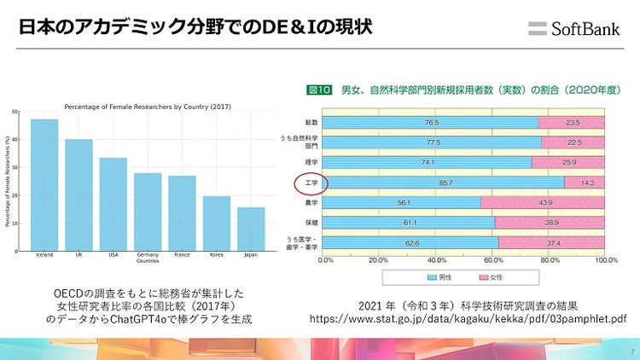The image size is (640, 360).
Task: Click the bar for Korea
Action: coord(217,224)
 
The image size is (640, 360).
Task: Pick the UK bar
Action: coord(79,195)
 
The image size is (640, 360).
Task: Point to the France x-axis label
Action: coord(182,255)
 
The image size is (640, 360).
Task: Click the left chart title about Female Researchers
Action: coord(148,106)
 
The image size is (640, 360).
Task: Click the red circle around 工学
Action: coord(305,182)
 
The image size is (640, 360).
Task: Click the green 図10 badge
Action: coord(319,89)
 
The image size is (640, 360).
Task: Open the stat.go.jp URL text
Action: coord(468,318)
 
